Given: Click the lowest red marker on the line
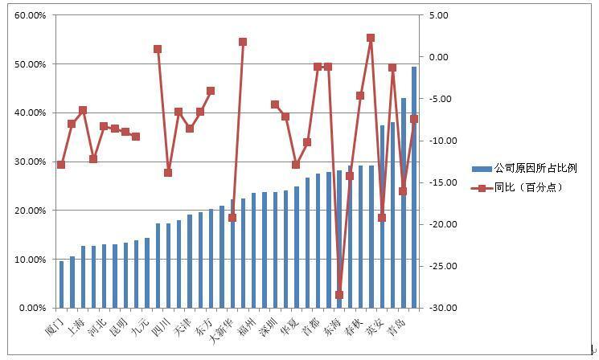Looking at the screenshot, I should tap(338, 295).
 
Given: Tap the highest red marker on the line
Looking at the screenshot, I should tap(371, 38).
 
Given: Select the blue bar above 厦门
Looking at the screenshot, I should tap(61, 284).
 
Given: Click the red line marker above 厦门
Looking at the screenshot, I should tap(61, 165).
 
